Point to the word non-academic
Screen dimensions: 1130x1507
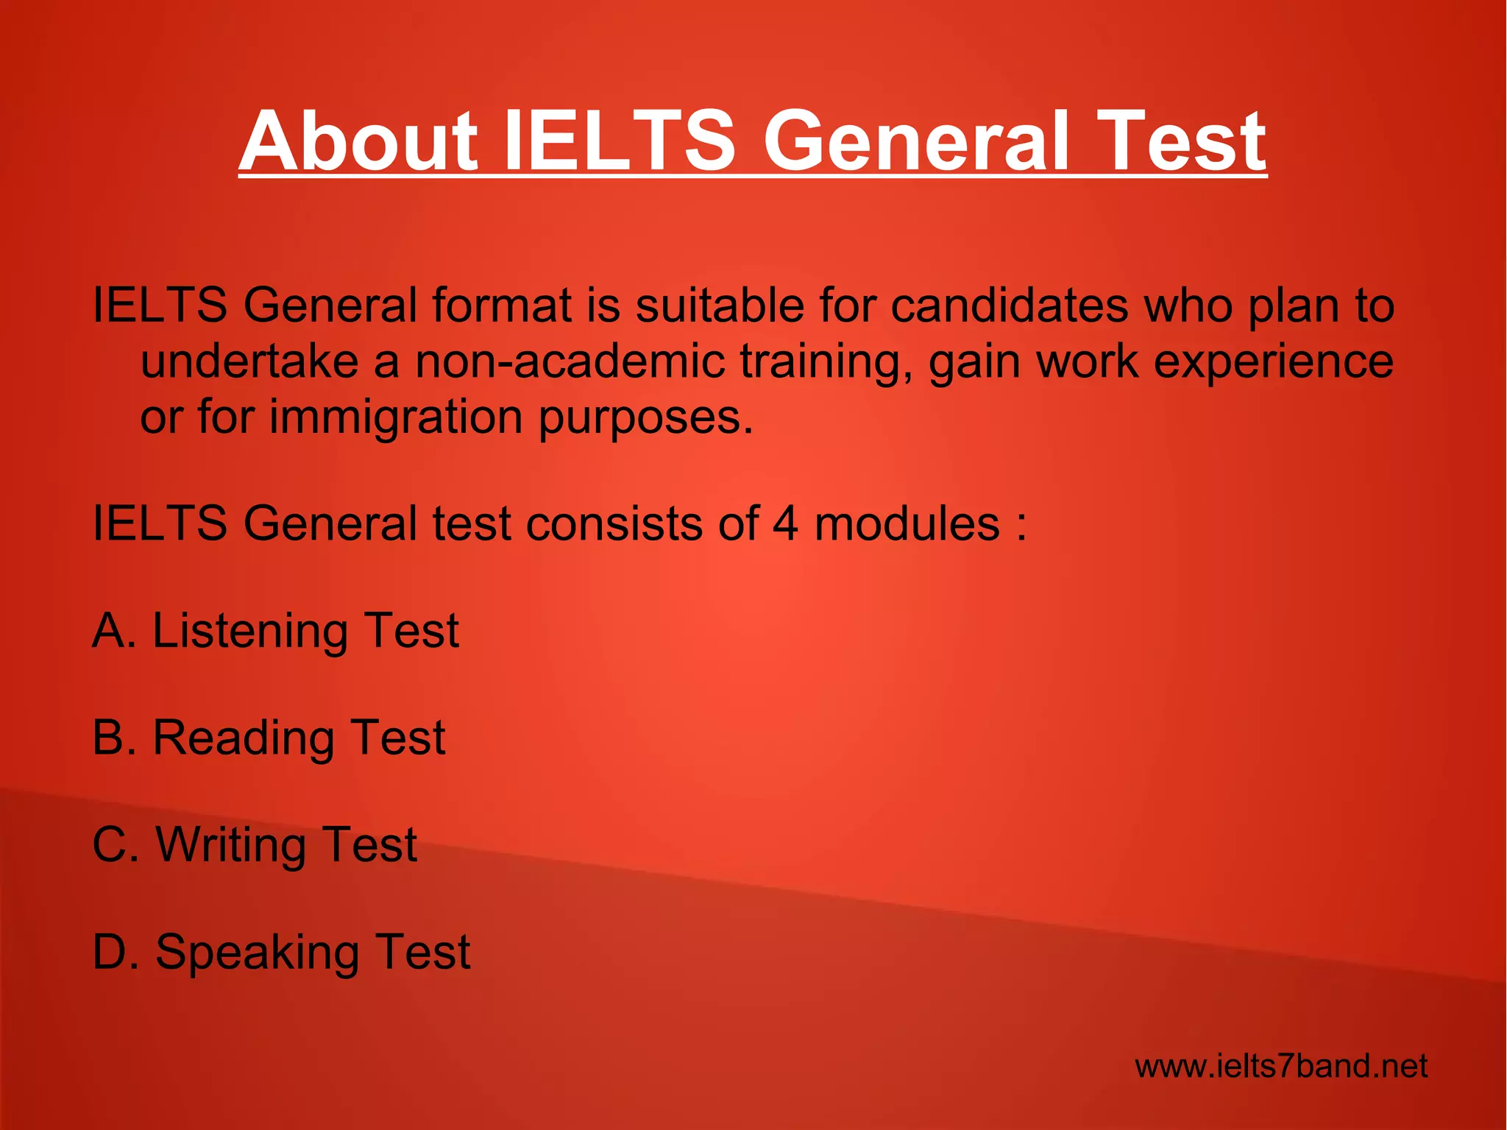(x=570, y=361)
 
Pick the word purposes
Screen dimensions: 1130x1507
(x=646, y=418)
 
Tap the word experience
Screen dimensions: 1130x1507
(x=1273, y=362)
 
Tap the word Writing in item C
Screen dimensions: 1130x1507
(x=228, y=844)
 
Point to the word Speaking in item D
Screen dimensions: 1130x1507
(x=255, y=953)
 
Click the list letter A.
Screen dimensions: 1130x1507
(x=109, y=631)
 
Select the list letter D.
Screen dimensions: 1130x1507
(x=110, y=951)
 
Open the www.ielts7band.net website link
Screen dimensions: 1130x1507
(x=1281, y=1065)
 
